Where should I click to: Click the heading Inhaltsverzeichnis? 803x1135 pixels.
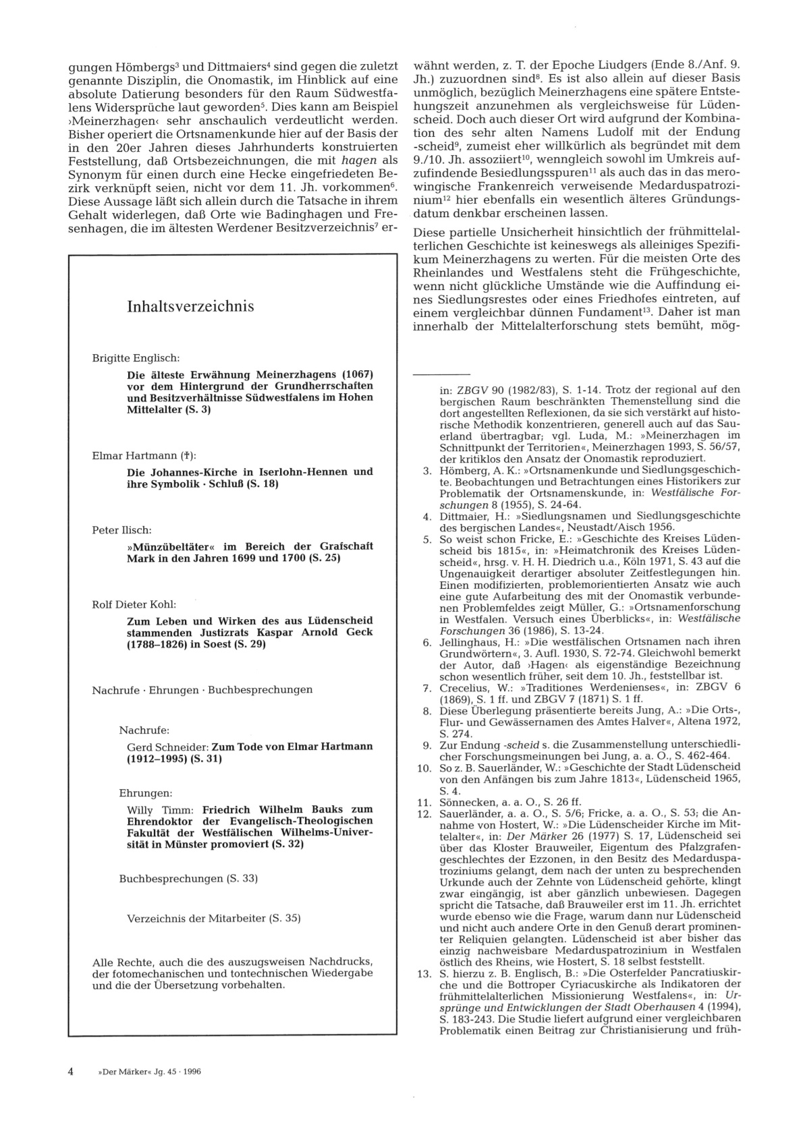click(x=190, y=307)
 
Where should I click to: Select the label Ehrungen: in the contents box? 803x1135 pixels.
click(x=145, y=793)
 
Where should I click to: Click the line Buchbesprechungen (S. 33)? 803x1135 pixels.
click(x=188, y=879)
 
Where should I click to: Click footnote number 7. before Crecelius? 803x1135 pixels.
click(x=427, y=688)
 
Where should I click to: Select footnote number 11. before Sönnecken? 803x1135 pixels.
click(x=424, y=803)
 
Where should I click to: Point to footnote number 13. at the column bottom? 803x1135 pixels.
click(x=424, y=974)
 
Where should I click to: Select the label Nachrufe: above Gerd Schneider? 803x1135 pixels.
click(x=144, y=730)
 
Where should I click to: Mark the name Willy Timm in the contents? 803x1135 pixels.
click(x=161, y=810)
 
